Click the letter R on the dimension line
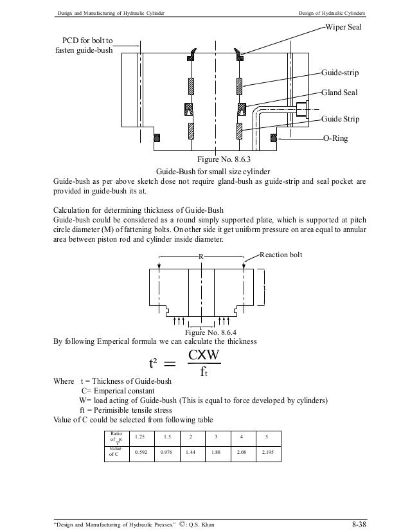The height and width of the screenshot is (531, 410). [201, 256]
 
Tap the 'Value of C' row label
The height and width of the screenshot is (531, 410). [115, 455]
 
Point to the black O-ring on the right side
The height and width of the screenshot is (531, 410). [274, 138]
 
